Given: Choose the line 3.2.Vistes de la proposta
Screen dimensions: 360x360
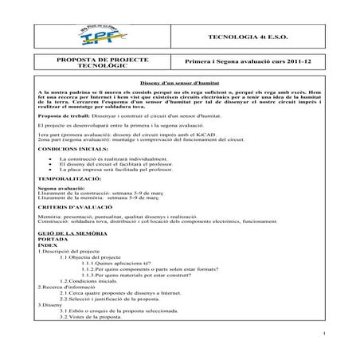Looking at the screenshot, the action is [96, 316].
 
